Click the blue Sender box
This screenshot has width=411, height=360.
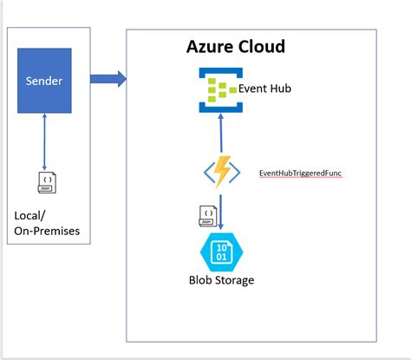click(x=44, y=81)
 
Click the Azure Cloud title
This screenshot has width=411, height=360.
click(x=236, y=46)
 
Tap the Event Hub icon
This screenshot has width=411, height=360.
click(x=221, y=90)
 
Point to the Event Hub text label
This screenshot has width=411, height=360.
click(x=264, y=88)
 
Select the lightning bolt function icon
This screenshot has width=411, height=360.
click(x=222, y=172)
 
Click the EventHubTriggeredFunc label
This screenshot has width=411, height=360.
click(x=300, y=173)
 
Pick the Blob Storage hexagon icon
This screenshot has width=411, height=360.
click(x=222, y=252)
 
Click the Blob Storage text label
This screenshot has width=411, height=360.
click(x=222, y=280)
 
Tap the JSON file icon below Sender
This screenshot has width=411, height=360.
click(x=47, y=183)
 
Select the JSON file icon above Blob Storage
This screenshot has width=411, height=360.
click(x=208, y=216)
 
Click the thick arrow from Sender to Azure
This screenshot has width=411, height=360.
click(x=108, y=79)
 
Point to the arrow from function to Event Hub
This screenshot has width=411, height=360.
click(x=221, y=133)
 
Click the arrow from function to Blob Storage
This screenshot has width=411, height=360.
click(x=221, y=213)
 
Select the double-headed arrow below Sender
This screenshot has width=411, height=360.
click(x=44, y=141)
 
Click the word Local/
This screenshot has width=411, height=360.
click(x=29, y=216)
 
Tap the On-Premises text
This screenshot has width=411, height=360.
click(x=47, y=231)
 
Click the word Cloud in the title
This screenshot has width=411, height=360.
click(x=261, y=46)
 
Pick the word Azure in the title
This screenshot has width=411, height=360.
click(x=210, y=47)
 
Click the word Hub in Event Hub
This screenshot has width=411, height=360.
click(x=279, y=88)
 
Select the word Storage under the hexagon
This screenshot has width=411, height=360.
click(x=234, y=280)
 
